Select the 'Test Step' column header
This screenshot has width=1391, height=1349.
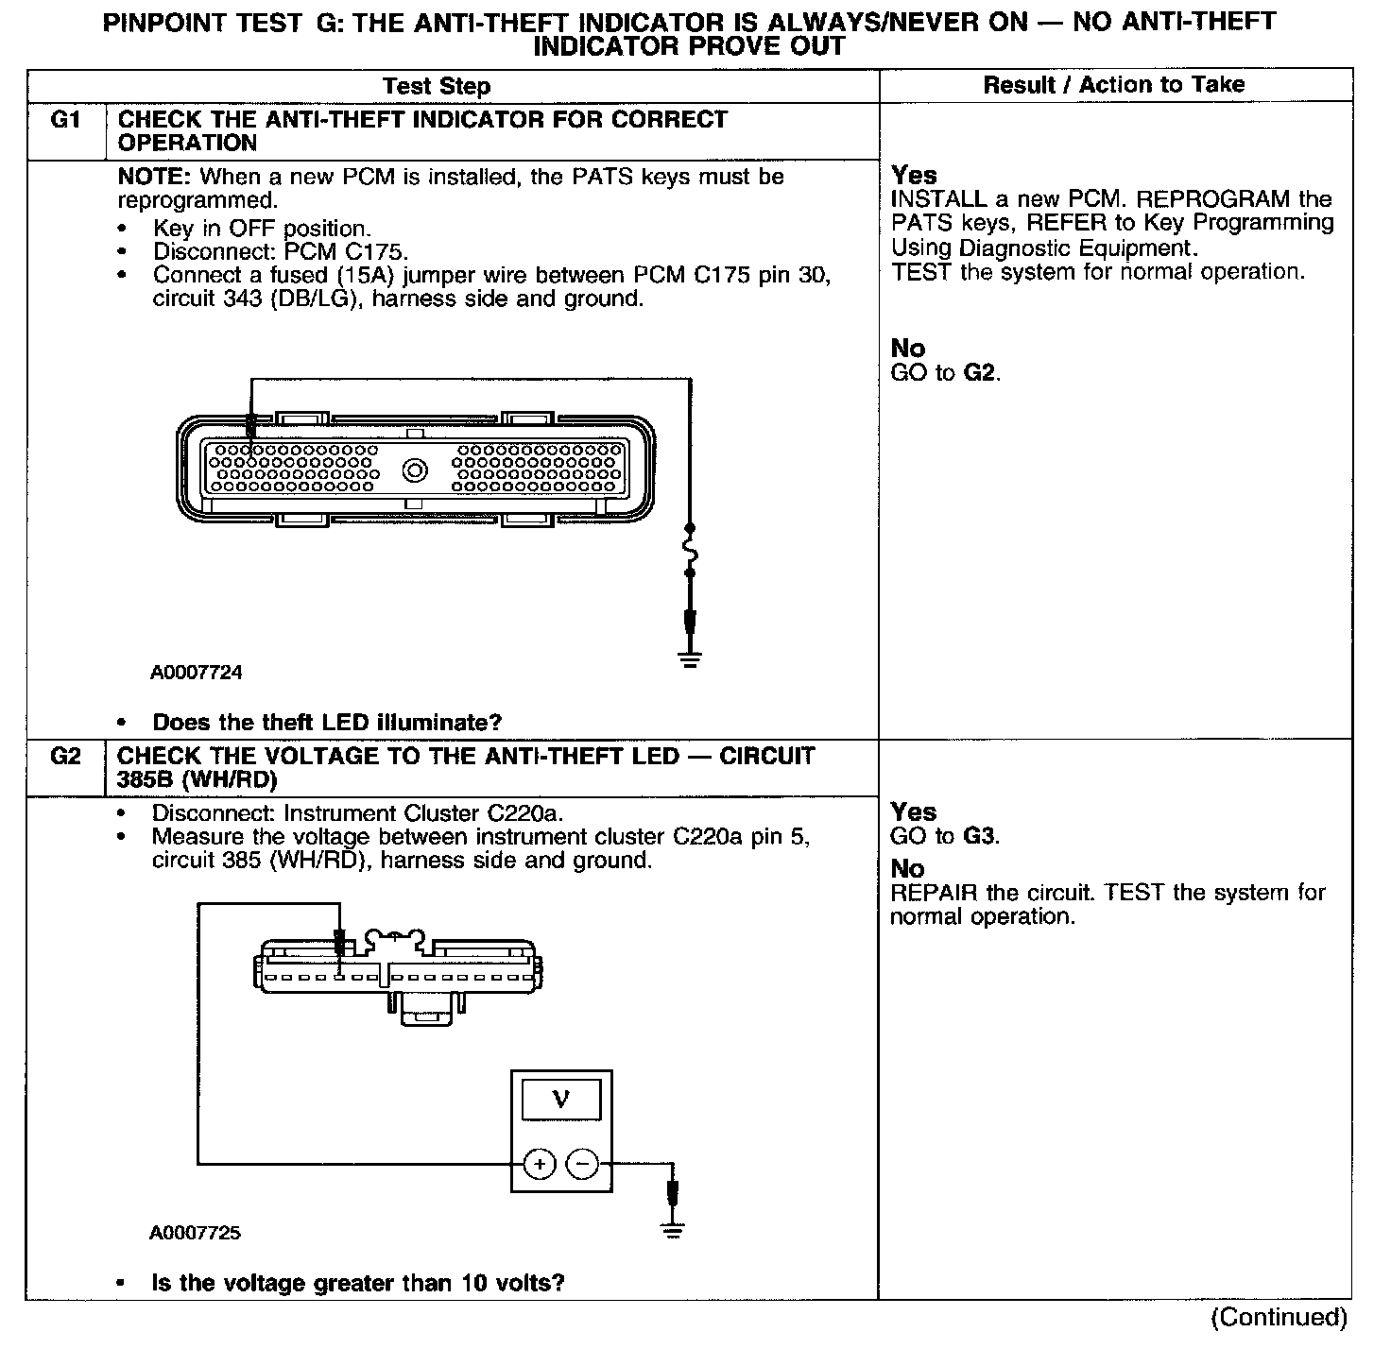pyautogui.click(x=437, y=86)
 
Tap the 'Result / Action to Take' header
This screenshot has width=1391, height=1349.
pyautogui.click(x=1114, y=84)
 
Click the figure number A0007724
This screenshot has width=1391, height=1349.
pyautogui.click(x=196, y=673)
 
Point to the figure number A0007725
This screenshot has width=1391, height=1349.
pyautogui.click(x=195, y=1233)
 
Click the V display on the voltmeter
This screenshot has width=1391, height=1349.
pyautogui.click(x=561, y=1099)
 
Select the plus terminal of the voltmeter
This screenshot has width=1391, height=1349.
pyautogui.click(x=540, y=1164)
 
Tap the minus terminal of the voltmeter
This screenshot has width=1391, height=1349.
pyautogui.click(x=582, y=1164)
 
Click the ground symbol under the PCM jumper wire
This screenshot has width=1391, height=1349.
pyautogui.click(x=691, y=658)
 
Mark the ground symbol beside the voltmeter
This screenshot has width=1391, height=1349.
pyautogui.click(x=673, y=1229)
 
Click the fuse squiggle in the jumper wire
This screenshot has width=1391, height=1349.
pyautogui.click(x=691, y=549)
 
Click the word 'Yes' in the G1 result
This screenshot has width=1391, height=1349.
pyautogui.click(x=914, y=175)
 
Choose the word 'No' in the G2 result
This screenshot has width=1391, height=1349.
pyautogui.click(x=907, y=869)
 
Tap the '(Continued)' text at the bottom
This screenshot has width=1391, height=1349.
pyautogui.click(x=1279, y=1317)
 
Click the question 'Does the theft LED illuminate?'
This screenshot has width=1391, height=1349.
pyautogui.click(x=327, y=723)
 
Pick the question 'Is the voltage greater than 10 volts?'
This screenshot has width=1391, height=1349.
pyautogui.click(x=358, y=1283)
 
